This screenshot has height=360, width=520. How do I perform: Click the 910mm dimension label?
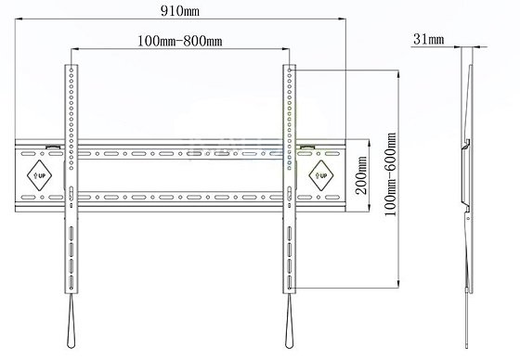[x=180, y=11]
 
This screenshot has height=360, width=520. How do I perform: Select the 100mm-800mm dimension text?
[x=180, y=41]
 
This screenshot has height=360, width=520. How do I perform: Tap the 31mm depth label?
[x=428, y=40]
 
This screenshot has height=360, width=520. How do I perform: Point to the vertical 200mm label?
[x=361, y=175]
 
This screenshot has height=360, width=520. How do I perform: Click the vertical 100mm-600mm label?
[x=390, y=174]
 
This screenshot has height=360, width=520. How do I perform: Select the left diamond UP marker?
[x=39, y=175]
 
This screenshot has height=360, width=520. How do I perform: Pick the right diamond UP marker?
[x=321, y=175]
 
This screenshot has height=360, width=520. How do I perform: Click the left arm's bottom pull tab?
[x=71, y=321]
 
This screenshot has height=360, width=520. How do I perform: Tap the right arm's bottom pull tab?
[x=289, y=321]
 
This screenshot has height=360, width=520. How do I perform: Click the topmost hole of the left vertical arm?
[x=71, y=70]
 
